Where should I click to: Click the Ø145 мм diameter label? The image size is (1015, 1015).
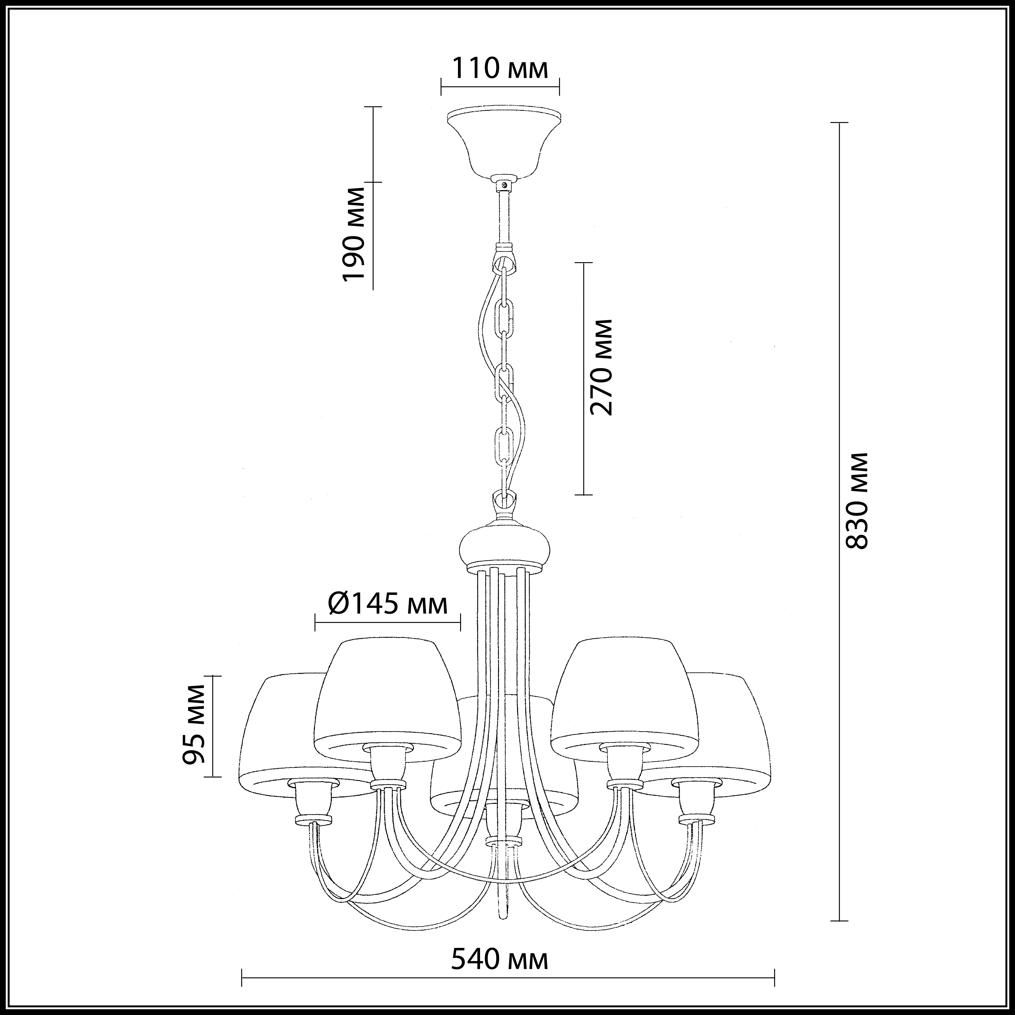coord(388,605)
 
